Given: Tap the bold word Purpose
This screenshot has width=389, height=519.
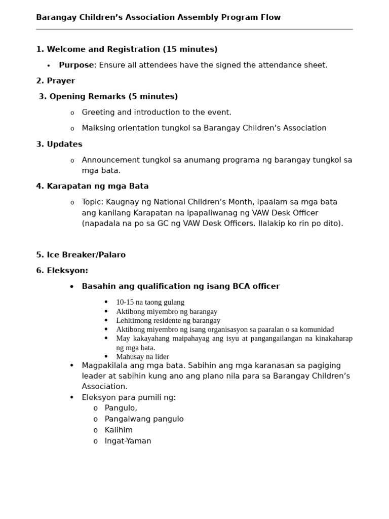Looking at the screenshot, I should [x=76, y=65].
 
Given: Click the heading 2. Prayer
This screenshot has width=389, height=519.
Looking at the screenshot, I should [x=55, y=81].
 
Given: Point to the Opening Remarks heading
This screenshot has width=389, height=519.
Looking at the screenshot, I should [x=108, y=97].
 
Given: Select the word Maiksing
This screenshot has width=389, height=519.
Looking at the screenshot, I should [x=98, y=128].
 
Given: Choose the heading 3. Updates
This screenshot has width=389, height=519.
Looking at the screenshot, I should [x=59, y=144].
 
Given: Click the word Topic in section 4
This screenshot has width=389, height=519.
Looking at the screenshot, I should [x=92, y=202].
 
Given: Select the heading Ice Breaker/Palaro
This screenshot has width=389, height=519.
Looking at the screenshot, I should [x=81, y=255].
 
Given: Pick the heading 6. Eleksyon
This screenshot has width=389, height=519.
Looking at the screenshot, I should [x=62, y=271].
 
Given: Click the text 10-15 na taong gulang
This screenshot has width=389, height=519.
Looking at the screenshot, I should [x=150, y=303].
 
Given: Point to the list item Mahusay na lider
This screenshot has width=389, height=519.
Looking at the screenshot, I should [x=142, y=357].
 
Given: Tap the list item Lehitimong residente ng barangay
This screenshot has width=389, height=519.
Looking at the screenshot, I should [x=168, y=321].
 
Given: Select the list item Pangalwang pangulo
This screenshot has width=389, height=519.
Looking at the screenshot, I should [x=144, y=419].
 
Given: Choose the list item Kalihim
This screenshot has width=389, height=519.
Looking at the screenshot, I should [x=119, y=430].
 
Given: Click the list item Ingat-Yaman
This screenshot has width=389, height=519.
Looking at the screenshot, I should [x=128, y=441].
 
